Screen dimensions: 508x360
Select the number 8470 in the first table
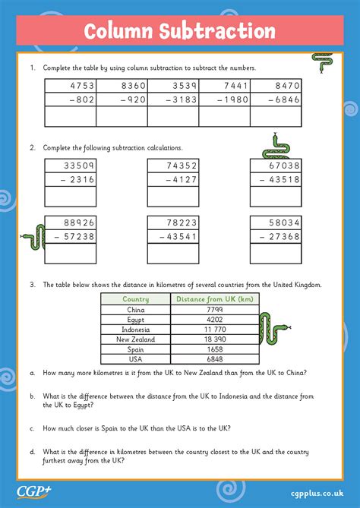point(287,87)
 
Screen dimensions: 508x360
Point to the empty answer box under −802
point(71,116)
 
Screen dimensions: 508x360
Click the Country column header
point(135,299)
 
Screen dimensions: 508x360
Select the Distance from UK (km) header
point(214,299)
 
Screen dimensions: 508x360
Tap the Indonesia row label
point(135,330)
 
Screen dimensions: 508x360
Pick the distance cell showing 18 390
point(214,339)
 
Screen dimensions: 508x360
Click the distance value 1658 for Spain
point(214,349)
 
